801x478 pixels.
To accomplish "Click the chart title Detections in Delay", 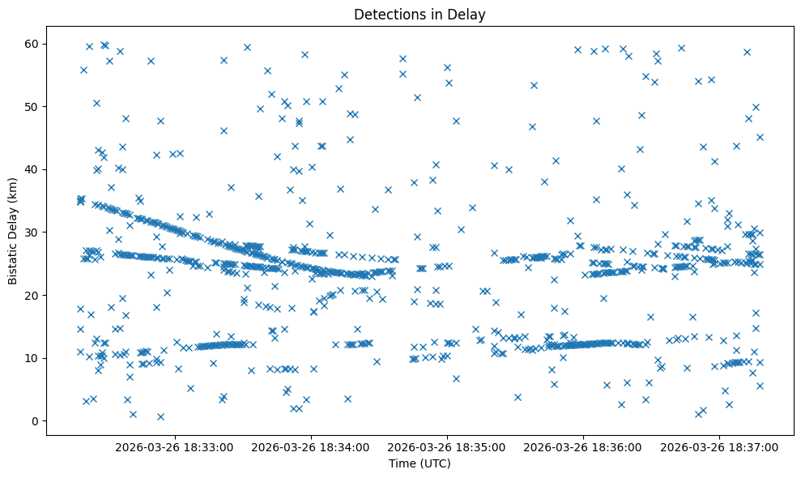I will (x=420, y=14).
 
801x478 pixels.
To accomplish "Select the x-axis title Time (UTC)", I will (x=420, y=464).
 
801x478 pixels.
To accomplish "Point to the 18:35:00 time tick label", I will (x=446, y=446).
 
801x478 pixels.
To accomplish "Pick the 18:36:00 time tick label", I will (x=582, y=446).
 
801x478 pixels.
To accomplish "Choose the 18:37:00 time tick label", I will (x=719, y=446).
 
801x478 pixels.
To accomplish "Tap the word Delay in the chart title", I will (x=468, y=14).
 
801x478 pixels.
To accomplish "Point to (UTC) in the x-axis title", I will (x=434, y=464).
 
